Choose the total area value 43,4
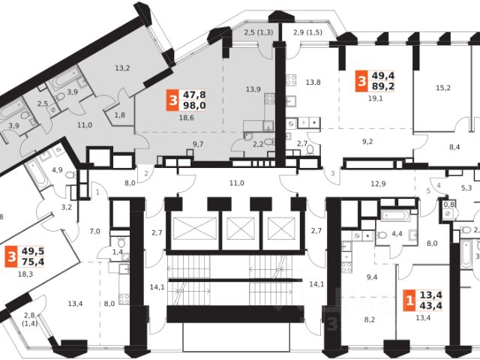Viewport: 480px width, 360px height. (x=430, y=304)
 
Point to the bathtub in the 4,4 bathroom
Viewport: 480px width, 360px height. (x=394, y=217)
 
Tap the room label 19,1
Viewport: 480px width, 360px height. (x=374, y=97)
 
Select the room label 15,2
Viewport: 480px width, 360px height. (x=443, y=88)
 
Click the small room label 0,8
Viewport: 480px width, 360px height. (x=449, y=202)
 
